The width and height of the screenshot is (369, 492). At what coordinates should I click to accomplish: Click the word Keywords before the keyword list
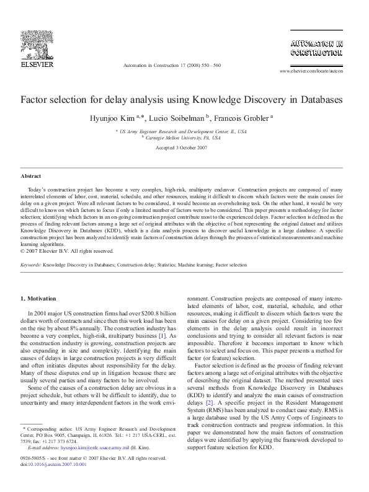point(30,265)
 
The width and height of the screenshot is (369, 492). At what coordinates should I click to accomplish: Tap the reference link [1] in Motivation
point(162,336)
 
